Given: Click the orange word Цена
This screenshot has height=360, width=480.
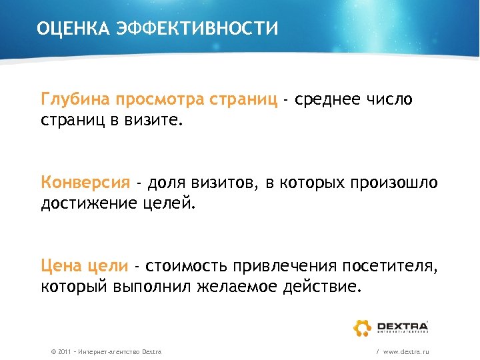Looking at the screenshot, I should pyautogui.click(x=61, y=266).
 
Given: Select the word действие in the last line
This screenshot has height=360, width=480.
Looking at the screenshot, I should pyautogui.click(x=329, y=287).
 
